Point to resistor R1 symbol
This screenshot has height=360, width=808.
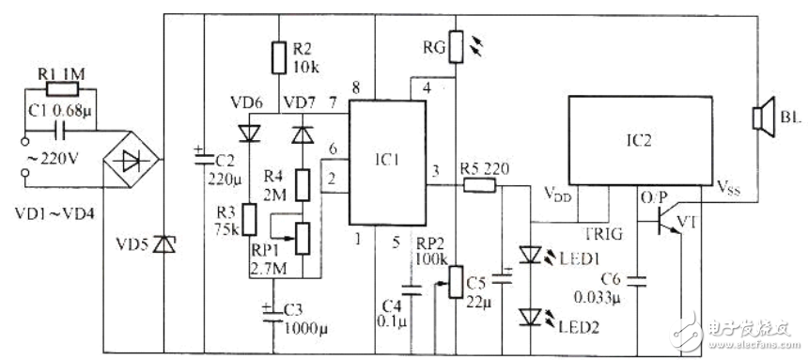pyautogui.click(x=61, y=90)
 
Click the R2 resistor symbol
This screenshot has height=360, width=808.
pyautogui.click(x=277, y=56)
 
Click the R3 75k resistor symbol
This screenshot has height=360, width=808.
pyautogui.click(x=249, y=217)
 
